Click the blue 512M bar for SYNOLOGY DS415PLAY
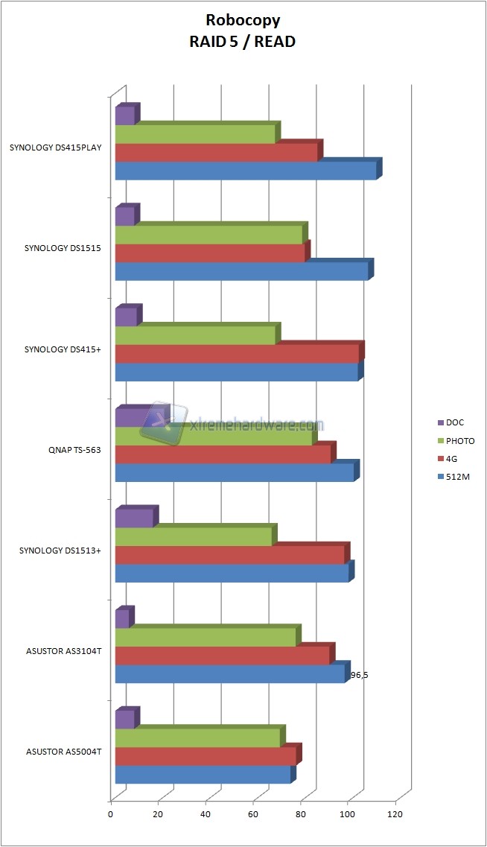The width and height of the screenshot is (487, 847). point(246,171)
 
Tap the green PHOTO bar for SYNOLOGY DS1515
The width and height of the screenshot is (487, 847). point(209,235)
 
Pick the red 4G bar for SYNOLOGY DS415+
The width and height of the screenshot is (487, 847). point(238,354)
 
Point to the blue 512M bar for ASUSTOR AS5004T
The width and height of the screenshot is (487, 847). point(203,775)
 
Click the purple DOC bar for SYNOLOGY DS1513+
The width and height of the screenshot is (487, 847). point(134,518)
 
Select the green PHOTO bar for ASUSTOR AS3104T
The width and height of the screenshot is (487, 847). point(206,637)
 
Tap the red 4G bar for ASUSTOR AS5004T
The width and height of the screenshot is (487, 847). point(206,756)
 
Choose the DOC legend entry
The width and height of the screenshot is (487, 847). point(455,422)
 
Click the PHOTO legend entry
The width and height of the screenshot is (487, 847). point(459,440)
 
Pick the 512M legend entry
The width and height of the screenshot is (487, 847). point(457,476)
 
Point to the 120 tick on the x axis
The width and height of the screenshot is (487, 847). point(395,814)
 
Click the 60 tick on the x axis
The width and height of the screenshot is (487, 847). point(253,814)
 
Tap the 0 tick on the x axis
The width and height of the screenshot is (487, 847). point(111,814)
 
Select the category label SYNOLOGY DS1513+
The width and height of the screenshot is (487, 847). point(60,551)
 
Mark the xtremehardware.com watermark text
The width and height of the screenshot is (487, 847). point(257,425)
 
